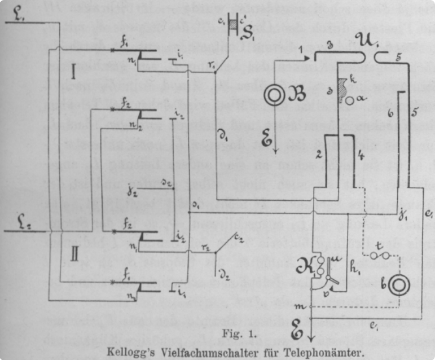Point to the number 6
pyautogui.click(x=390, y=113)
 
